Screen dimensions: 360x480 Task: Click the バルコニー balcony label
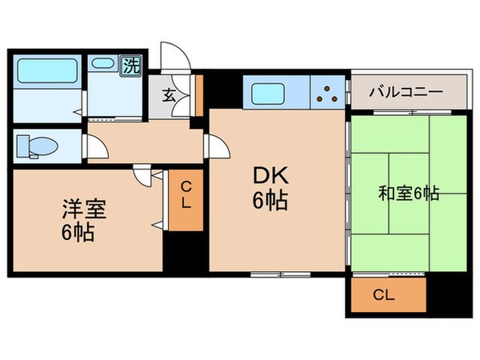(406, 92)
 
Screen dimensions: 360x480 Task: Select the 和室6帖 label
(409, 193)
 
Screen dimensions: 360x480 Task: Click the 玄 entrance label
(169, 95)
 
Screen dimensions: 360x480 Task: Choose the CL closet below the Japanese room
(384, 294)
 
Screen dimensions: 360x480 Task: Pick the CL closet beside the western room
(185, 196)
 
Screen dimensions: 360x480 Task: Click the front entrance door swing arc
(174, 56)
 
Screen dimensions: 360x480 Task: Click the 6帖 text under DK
(270, 202)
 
